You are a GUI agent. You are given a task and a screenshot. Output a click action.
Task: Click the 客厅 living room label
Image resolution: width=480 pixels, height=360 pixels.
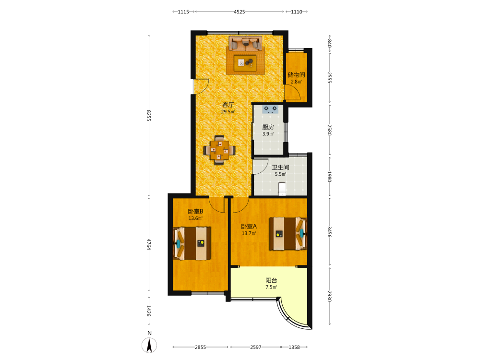click(x=228, y=105)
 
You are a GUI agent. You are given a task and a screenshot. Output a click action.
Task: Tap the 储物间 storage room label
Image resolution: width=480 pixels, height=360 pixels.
click(x=296, y=75)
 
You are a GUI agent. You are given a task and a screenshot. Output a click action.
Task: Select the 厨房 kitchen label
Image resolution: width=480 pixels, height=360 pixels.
click(x=268, y=127)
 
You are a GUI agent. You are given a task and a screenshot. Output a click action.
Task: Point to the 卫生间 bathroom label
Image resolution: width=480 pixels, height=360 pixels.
click(x=280, y=168)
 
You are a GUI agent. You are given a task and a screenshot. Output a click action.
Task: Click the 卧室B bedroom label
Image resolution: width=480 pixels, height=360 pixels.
click(x=196, y=212)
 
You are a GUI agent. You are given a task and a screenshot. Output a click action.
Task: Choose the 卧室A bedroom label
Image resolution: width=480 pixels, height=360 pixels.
click(x=249, y=227)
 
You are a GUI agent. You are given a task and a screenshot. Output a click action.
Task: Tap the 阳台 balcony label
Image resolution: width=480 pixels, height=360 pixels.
click(x=271, y=280)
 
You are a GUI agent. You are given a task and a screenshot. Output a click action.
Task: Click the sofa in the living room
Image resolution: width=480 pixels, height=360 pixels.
click(x=245, y=44)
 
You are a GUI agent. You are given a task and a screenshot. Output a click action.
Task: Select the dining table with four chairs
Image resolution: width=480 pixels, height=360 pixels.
click(x=219, y=150)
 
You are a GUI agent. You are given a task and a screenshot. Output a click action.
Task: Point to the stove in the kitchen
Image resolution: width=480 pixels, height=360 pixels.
click(x=270, y=109)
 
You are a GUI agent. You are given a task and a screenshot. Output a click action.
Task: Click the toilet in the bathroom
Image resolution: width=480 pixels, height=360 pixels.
click(x=282, y=189)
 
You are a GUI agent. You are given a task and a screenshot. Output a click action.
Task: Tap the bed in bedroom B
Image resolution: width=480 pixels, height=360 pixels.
click(x=192, y=243)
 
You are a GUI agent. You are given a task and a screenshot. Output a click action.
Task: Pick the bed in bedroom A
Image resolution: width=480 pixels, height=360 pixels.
click(x=288, y=234)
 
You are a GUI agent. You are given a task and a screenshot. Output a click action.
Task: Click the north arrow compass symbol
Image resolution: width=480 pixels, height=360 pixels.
click(x=149, y=345)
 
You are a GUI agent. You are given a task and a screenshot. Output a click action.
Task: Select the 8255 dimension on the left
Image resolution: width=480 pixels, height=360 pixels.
click(x=148, y=115)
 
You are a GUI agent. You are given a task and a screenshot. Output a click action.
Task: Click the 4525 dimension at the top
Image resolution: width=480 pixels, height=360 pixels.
click(x=240, y=12)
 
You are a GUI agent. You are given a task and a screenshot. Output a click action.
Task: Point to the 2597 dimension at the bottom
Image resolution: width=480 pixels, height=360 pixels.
click(x=256, y=347)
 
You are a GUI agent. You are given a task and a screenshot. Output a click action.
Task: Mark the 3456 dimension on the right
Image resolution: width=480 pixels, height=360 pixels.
click(x=329, y=232)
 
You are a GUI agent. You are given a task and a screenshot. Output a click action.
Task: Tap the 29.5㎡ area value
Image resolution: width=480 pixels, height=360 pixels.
click(x=228, y=112)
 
